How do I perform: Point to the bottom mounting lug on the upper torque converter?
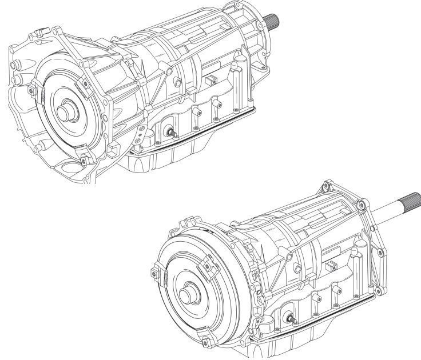pyautogui.click(x=82, y=161)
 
